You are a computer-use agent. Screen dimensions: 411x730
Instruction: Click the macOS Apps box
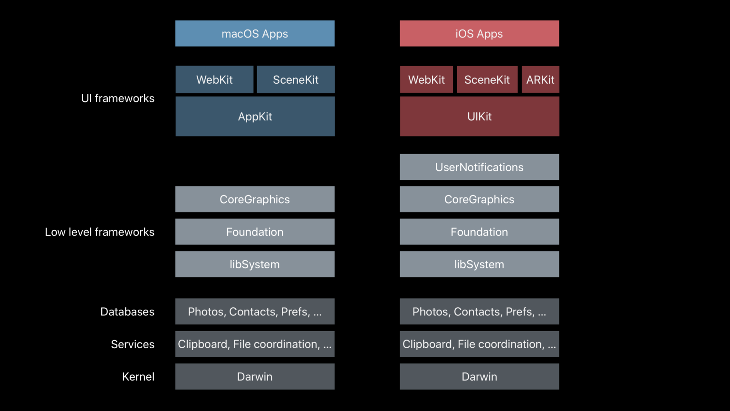pos(255,33)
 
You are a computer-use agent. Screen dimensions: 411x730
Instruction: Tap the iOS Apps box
pos(479,33)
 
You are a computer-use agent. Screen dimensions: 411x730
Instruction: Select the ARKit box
pos(540,79)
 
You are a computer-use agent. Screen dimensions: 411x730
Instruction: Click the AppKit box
pos(255,117)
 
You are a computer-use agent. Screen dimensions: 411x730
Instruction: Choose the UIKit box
pos(479,117)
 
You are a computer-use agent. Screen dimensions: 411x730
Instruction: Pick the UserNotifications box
pos(479,167)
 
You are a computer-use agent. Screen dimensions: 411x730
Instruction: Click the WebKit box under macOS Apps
pos(214,79)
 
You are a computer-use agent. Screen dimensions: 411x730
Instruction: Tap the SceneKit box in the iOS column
pos(487,79)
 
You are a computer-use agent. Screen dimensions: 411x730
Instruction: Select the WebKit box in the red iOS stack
pos(426,79)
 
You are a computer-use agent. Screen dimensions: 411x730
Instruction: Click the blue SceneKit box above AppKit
pos(296,79)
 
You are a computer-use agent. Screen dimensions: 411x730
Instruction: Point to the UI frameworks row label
pos(117,98)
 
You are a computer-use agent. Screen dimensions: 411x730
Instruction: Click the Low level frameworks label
pos(100,232)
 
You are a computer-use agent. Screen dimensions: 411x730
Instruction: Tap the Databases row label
pos(127,312)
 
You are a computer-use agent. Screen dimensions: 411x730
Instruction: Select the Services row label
pos(133,344)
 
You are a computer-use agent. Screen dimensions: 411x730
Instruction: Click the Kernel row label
pos(138,377)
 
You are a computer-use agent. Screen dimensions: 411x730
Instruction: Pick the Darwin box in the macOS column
pos(255,377)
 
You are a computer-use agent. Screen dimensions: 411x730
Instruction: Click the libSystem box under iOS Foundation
pos(479,264)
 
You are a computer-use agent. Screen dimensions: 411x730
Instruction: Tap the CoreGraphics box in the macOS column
pos(255,199)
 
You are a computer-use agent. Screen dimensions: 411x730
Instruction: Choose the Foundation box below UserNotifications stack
pos(479,232)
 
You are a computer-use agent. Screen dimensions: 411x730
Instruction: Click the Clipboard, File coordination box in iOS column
pos(479,344)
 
